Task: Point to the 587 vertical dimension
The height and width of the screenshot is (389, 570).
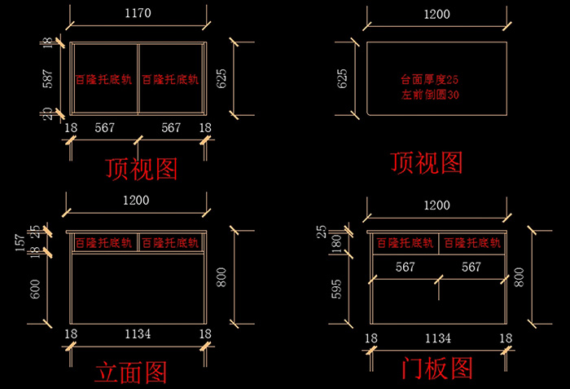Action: pyautogui.click(x=48, y=79)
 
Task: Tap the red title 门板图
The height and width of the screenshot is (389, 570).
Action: pyautogui.click(x=437, y=369)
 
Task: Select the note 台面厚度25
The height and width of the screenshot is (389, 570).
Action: pyautogui.click(x=431, y=80)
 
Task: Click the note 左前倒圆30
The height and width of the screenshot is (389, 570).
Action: pyautogui.click(x=431, y=95)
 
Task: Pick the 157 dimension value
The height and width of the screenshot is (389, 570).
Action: pyautogui.click(x=20, y=243)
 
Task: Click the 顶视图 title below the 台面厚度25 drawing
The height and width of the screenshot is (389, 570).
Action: pyautogui.click(x=427, y=162)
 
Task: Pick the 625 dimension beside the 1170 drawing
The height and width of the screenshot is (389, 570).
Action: pyautogui.click(x=221, y=79)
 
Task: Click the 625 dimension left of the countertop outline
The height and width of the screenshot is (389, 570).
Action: pyautogui.click(x=343, y=79)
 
